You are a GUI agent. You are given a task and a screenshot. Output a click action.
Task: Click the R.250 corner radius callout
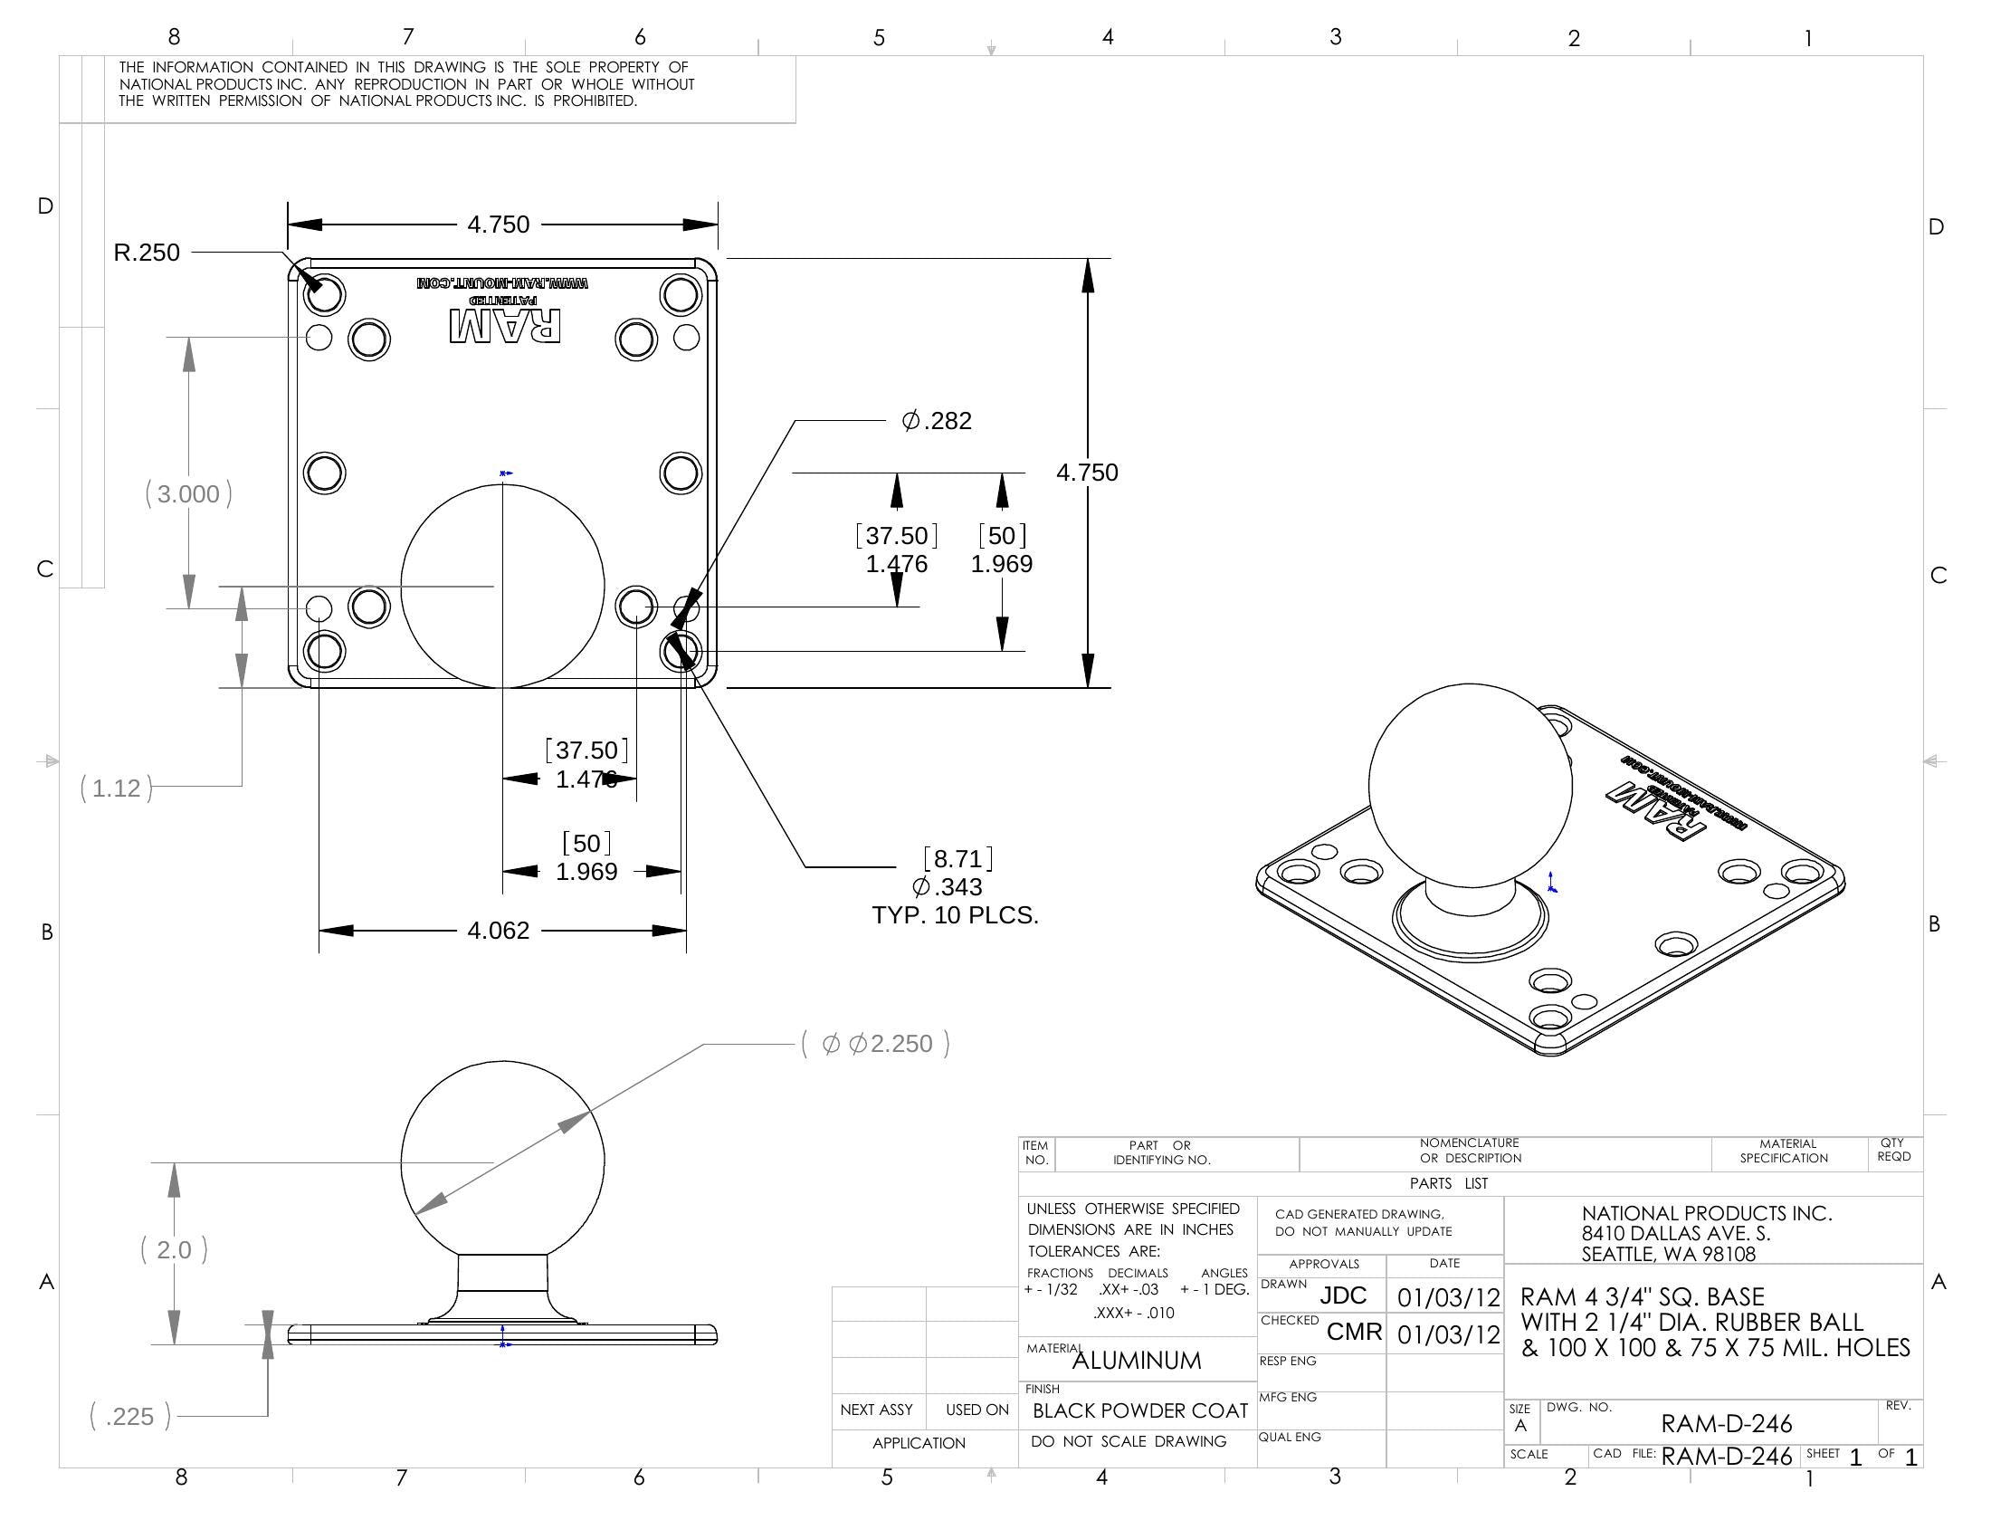147,253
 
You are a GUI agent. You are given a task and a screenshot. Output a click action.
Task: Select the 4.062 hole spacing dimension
498,931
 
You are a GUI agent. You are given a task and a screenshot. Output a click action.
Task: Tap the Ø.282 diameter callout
937,421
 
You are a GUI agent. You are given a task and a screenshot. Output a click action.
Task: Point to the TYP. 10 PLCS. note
955,915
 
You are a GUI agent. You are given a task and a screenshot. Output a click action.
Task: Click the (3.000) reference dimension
189,494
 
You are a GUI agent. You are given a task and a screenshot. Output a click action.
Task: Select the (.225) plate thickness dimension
129,1417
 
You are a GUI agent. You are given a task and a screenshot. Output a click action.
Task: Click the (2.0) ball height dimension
174,1250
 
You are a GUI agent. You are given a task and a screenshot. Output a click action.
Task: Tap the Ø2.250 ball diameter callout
876,1044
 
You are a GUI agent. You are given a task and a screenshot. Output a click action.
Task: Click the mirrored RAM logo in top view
505,327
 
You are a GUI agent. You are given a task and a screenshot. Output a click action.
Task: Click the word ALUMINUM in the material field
1136,1362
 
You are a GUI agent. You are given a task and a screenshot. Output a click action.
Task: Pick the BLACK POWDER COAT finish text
1139,1411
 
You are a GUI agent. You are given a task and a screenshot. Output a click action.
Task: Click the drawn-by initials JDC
1343,1295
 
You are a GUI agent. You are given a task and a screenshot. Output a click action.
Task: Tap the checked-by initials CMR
1354,1332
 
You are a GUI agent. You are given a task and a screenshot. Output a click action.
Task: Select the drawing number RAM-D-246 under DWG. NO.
1726,1423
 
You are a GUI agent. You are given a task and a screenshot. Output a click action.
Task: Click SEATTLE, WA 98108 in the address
1668,1255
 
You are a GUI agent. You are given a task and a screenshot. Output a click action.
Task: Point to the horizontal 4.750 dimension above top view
498,225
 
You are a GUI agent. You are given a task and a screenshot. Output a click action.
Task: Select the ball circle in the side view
502,1161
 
